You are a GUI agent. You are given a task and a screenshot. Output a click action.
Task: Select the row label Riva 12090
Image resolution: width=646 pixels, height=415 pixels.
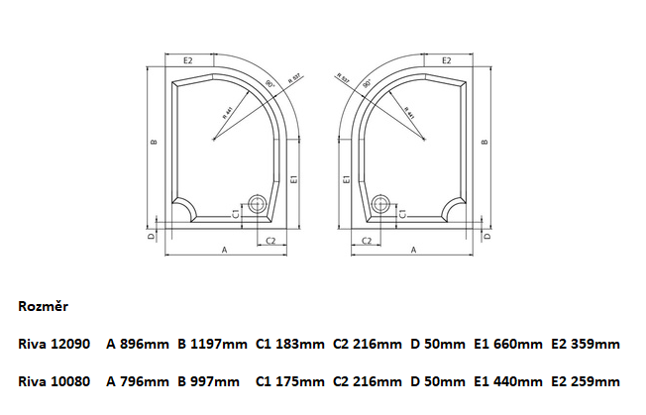[54, 344]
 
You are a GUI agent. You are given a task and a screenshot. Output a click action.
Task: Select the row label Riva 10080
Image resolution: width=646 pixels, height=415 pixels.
[54, 380]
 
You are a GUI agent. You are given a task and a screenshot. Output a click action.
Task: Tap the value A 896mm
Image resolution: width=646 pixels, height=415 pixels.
[137, 344]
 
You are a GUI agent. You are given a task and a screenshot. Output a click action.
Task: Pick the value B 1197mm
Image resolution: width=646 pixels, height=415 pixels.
[212, 344]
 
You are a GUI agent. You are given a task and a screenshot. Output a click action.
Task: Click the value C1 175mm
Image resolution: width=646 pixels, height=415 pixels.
[289, 380]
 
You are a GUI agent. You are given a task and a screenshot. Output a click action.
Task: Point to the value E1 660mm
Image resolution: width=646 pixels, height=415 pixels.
[508, 344]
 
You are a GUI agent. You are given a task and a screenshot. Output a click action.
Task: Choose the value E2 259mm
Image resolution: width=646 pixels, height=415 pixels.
[586, 380]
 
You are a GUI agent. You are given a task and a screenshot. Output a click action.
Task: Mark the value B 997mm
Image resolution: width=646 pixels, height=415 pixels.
[208, 380]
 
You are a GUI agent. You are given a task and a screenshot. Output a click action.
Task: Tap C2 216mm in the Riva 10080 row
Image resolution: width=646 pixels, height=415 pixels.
[367, 380]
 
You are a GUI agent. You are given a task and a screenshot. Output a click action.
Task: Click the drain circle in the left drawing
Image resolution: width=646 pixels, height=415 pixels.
[259, 206]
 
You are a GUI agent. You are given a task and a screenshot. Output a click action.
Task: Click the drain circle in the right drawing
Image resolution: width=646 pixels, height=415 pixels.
[379, 206]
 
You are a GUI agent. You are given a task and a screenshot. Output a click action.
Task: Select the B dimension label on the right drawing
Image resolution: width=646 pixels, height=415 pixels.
[484, 142]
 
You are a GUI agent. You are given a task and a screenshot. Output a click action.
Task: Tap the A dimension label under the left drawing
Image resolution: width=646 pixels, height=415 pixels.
[225, 252]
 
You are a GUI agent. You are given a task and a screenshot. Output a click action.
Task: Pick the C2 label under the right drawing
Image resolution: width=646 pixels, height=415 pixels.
[366, 241]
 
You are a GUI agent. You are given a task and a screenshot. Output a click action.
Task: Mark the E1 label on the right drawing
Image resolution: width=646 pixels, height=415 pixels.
[345, 179]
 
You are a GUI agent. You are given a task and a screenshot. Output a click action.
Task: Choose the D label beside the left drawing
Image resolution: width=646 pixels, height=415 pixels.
[150, 237]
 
